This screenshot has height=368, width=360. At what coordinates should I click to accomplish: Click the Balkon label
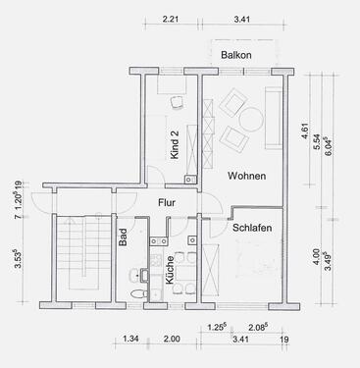click(x=237, y=56)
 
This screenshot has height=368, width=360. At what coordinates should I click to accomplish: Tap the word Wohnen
click(x=244, y=176)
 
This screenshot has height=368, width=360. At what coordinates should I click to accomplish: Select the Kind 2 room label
click(x=175, y=144)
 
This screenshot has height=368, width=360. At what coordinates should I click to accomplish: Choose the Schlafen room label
click(x=252, y=228)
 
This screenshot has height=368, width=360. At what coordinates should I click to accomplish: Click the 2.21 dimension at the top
click(x=170, y=19)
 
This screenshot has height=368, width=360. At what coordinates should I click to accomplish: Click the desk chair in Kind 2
click(x=177, y=102)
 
